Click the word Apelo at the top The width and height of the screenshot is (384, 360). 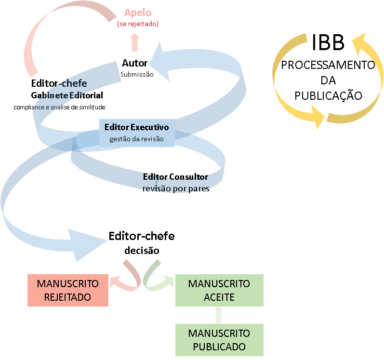pyautogui.click(x=137, y=13)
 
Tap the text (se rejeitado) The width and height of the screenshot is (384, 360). pyautogui.click(x=137, y=23)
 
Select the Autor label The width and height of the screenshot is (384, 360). pyautogui.click(x=134, y=63)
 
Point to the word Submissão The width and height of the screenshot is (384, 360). pyautogui.click(x=136, y=74)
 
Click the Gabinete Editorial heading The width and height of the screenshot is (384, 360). pyautogui.click(x=67, y=95)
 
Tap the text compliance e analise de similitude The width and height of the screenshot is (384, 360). pyautogui.click(x=59, y=107)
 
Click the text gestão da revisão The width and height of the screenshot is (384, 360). pyautogui.click(x=137, y=139)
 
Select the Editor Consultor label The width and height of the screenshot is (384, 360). pyautogui.click(x=175, y=177)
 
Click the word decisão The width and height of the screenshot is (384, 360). pyautogui.click(x=142, y=251)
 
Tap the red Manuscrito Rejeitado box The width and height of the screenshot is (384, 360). pyautogui.click(x=67, y=290)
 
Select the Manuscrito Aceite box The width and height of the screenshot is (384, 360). pyautogui.click(x=219, y=290)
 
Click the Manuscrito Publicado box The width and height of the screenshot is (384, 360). pyautogui.click(x=219, y=340)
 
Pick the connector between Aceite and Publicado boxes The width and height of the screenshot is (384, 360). pyautogui.click(x=219, y=315)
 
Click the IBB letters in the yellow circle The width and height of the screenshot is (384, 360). pyautogui.click(x=328, y=42)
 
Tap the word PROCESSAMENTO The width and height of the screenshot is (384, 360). pyautogui.click(x=328, y=65)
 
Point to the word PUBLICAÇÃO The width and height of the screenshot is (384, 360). pyautogui.click(x=328, y=95)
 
